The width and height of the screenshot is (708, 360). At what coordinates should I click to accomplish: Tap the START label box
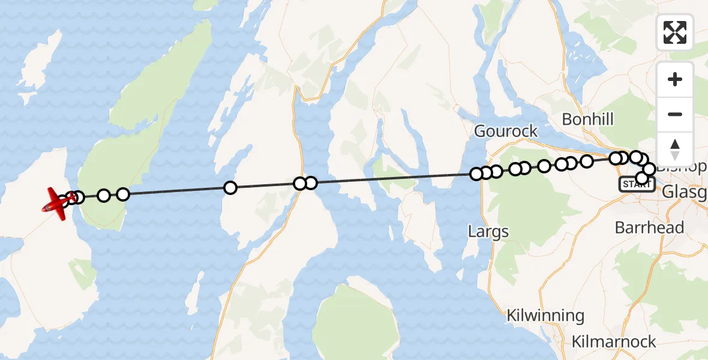637,184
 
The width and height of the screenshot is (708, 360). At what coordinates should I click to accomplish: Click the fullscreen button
675,32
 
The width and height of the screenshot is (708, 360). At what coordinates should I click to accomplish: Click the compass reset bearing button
675,149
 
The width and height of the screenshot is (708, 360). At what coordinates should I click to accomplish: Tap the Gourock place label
506,131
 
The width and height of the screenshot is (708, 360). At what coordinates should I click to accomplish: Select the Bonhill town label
587,119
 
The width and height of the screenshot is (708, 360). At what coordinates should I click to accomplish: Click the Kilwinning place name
545,316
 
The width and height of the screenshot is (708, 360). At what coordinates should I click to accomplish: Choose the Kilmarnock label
614,342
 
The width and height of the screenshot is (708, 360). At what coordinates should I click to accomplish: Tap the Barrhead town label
649,228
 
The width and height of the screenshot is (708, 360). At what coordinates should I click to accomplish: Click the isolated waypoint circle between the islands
230,188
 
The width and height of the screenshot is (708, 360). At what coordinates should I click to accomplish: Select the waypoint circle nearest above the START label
642,178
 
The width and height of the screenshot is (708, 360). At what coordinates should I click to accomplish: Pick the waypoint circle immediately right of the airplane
71,197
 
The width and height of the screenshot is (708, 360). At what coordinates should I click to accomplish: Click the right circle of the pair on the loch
310,183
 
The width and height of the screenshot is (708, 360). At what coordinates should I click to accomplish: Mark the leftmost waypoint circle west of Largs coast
476,174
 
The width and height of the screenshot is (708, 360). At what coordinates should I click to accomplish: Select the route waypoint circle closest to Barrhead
642,178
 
